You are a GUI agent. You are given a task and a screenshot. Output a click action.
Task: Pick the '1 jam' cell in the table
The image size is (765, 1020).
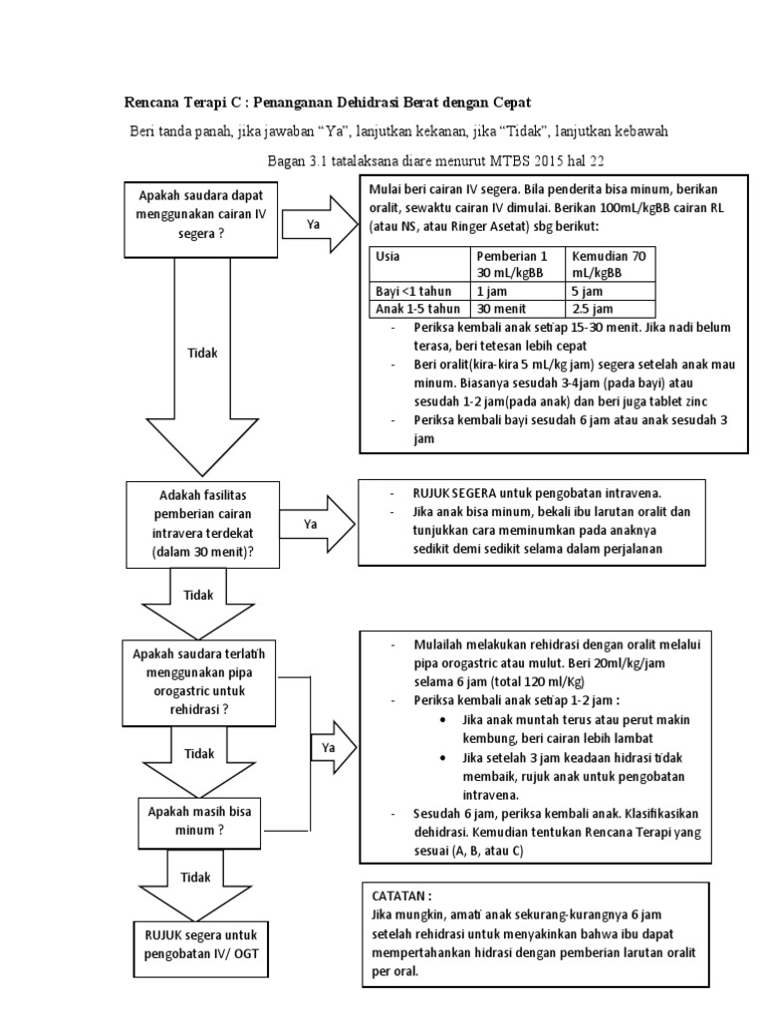pyautogui.click(x=488, y=291)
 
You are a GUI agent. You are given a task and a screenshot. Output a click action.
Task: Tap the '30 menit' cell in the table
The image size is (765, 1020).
pyautogui.click(x=496, y=309)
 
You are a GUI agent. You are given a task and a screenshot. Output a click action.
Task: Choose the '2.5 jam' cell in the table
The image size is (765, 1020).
pyautogui.click(x=590, y=309)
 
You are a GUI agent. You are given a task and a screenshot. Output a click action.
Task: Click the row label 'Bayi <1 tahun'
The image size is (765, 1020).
pyautogui.click(x=411, y=291)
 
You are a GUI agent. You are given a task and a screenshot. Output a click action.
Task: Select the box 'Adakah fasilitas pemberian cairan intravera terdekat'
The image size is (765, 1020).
pyautogui.click(x=203, y=524)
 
